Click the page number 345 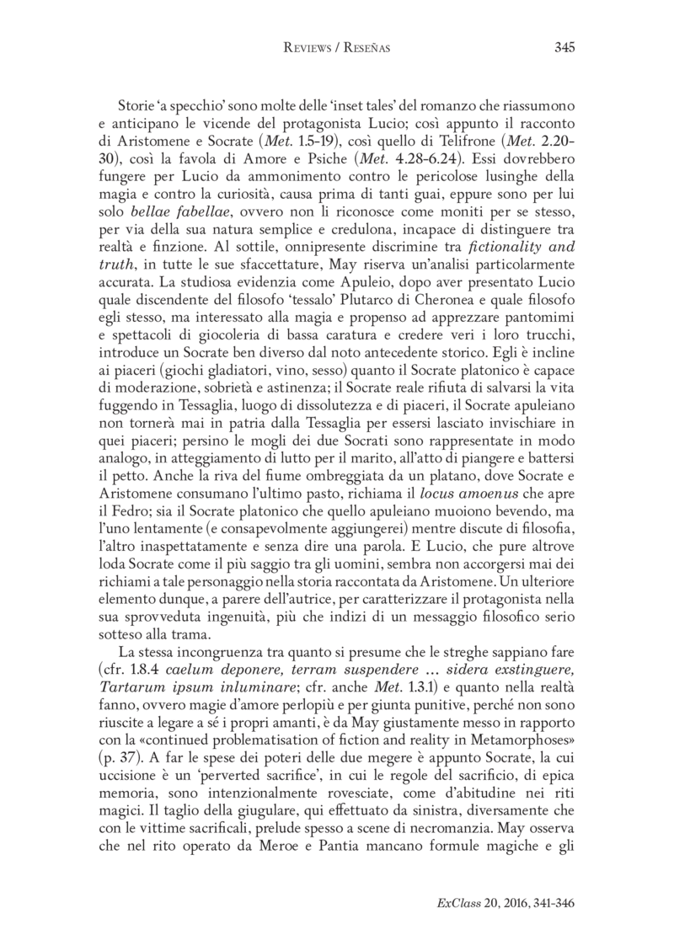[564, 48]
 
